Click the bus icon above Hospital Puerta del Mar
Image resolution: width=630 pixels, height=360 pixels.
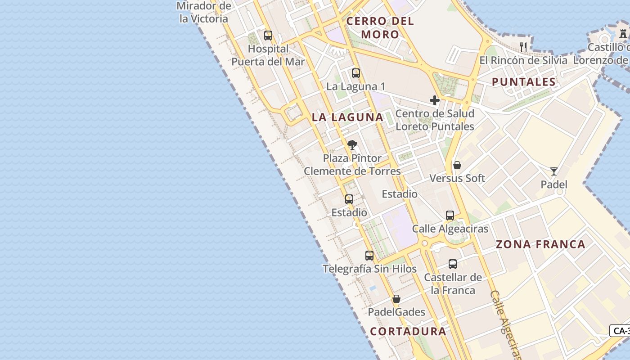tap(268, 36)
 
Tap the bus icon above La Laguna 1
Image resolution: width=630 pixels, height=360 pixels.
tap(356, 73)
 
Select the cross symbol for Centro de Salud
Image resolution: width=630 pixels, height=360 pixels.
tap(434, 100)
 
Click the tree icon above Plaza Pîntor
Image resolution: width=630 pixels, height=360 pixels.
tap(352, 145)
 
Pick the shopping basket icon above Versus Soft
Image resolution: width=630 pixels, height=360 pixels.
tap(457, 165)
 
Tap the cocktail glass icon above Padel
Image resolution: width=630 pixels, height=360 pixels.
tap(554, 171)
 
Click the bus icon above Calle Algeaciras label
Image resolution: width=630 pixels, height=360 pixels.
tap(450, 216)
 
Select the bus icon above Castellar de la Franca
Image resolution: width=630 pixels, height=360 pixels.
tap(453, 264)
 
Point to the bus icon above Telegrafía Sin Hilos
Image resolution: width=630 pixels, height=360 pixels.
tap(369, 256)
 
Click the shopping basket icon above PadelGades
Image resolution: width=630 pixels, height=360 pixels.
tap(396, 299)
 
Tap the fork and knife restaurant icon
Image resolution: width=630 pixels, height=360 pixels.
tap(523, 47)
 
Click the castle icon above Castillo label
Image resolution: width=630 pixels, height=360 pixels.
tap(623, 34)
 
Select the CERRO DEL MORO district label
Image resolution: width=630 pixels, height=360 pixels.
tap(380, 27)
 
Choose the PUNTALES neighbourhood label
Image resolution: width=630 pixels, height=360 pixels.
tap(524, 82)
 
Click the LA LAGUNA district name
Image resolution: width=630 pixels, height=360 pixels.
tap(347, 117)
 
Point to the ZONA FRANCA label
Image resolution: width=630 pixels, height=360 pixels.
tap(540, 244)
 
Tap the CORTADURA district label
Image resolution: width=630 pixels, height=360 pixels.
tap(408, 332)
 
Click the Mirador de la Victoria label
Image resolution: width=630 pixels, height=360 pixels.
tap(204, 13)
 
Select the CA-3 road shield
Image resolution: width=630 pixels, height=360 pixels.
tap(621, 331)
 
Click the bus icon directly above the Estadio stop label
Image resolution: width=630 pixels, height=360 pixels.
tap(349, 199)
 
